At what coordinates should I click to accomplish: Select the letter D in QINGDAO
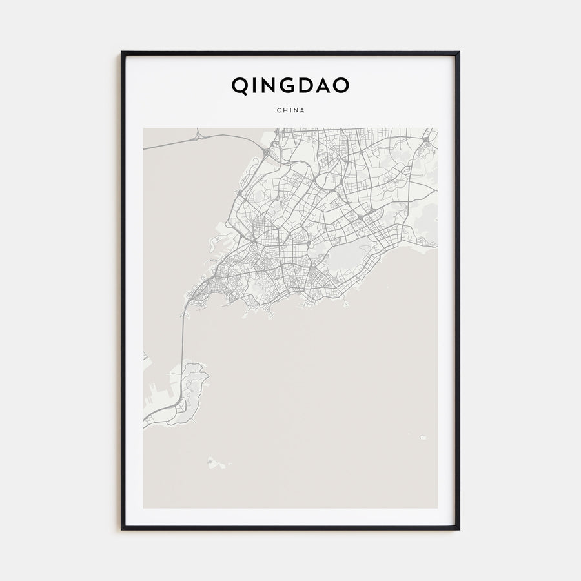click(307, 86)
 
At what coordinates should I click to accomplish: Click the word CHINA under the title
click(290, 110)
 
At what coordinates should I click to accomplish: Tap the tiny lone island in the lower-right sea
click(422, 437)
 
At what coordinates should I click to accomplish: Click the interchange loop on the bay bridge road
click(198, 136)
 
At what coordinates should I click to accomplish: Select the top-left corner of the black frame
click(123, 53)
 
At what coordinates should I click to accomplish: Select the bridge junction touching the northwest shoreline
click(266, 152)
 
